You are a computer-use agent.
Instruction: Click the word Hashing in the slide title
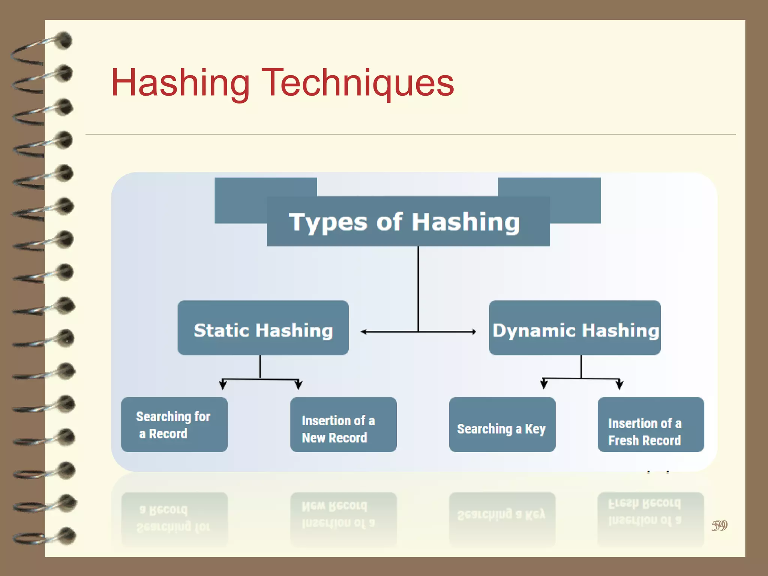[180, 83]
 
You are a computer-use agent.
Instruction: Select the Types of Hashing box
[408, 221]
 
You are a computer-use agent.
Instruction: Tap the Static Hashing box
[263, 328]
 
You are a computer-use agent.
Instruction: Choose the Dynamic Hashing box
[574, 328]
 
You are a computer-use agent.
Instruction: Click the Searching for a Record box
[174, 424]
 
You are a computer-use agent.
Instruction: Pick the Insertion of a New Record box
[343, 424]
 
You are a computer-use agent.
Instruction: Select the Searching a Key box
[502, 424]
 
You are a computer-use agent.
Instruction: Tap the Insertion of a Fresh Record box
[650, 424]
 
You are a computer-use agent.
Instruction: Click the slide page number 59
[719, 525]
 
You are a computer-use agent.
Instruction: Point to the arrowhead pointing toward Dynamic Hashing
[474, 331]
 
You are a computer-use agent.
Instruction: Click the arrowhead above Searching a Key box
[544, 384]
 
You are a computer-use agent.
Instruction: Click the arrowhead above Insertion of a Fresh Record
[619, 384]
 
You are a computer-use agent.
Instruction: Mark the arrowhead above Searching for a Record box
[223, 384]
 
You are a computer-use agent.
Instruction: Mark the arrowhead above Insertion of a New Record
[298, 384]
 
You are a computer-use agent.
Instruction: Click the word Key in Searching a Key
[535, 429]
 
